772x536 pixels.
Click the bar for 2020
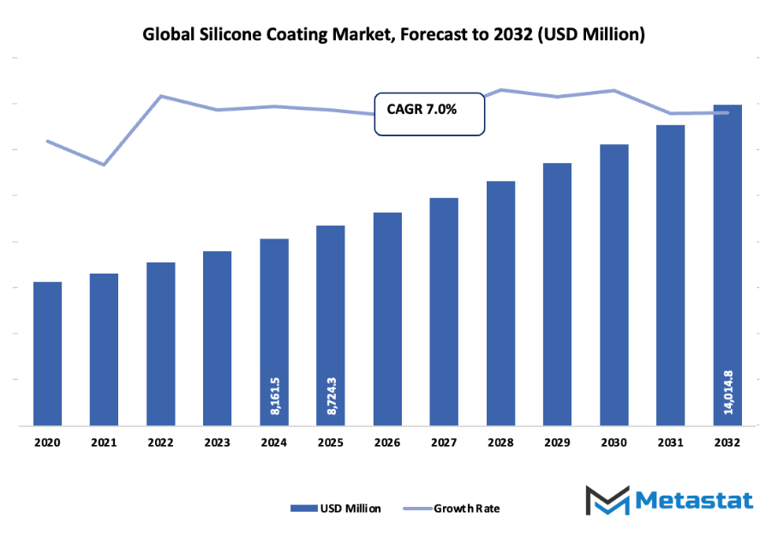[47, 352]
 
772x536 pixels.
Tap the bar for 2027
[444, 310]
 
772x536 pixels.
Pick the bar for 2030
[613, 284]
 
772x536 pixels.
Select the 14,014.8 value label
[727, 393]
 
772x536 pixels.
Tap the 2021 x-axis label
[104, 443]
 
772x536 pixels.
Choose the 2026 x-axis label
[387, 443]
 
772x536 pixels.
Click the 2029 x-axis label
[557, 443]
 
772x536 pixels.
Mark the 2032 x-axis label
[727, 443]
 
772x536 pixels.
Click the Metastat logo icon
[606, 501]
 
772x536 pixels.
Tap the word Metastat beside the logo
[690, 501]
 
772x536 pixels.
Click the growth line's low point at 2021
[104, 165]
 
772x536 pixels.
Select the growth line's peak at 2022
[160, 96]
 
